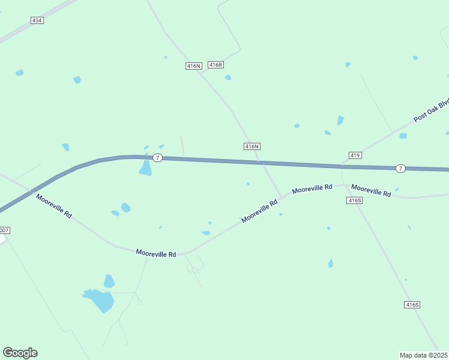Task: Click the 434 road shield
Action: click(x=37, y=20)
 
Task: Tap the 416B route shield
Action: click(x=215, y=65)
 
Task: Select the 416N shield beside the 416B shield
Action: click(x=193, y=66)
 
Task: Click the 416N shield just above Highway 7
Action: click(x=252, y=146)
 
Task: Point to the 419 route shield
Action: click(x=355, y=155)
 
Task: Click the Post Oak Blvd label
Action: click(x=432, y=111)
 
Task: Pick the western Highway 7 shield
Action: click(x=157, y=158)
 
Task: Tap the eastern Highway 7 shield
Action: click(x=400, y=169)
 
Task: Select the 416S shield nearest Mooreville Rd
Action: click(x=355, y=200)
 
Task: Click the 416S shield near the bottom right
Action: click(x=412, y=305)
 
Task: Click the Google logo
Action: click(x=20, y=353)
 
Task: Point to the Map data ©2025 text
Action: click(x=423, y=355)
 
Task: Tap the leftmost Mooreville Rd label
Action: click(x=53, y=206)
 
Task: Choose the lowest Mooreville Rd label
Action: click(x=155, y=254)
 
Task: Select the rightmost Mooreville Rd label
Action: click(x=371, y=190)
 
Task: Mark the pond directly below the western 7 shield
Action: click(x=146, y=169)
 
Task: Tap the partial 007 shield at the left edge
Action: click(x=4, y=230)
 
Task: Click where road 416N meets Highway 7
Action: click(x=259, y=161)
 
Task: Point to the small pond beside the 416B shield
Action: click(x=228, y=77)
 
